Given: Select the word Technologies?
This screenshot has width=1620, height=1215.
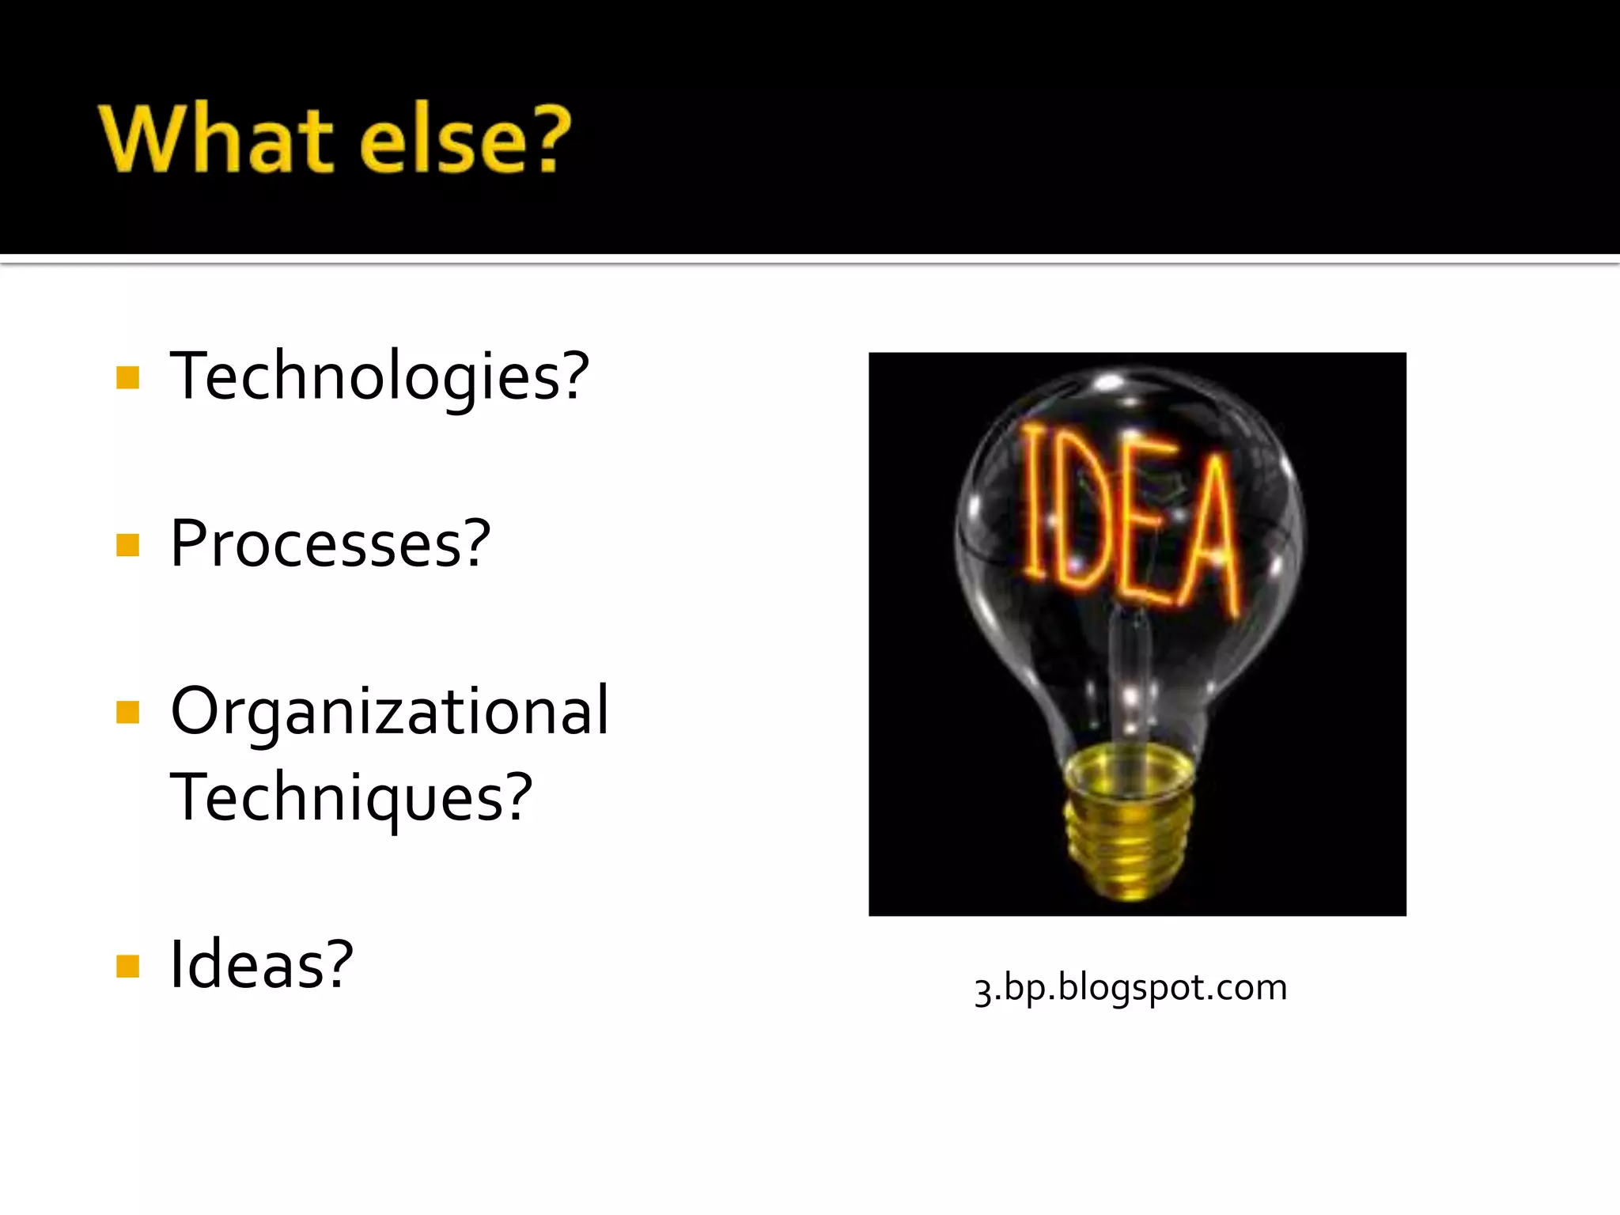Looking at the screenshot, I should point(380,377).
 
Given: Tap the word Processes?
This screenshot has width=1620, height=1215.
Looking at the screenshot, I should point(331,544).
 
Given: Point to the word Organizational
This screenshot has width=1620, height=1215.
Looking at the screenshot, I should point(389,710).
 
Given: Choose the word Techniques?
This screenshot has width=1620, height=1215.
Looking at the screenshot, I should point(351,797).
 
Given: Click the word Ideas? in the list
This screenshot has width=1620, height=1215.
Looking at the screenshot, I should point(262,964).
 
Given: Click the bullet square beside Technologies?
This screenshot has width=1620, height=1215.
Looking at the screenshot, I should point(127,377).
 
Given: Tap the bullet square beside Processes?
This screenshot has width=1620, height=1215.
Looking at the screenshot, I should point(127,545).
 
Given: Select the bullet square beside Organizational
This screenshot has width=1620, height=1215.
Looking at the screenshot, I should point(127,712).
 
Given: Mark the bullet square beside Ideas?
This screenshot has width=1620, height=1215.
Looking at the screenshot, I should point(127,966).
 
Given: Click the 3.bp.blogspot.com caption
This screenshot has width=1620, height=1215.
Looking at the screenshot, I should point(1130,988).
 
